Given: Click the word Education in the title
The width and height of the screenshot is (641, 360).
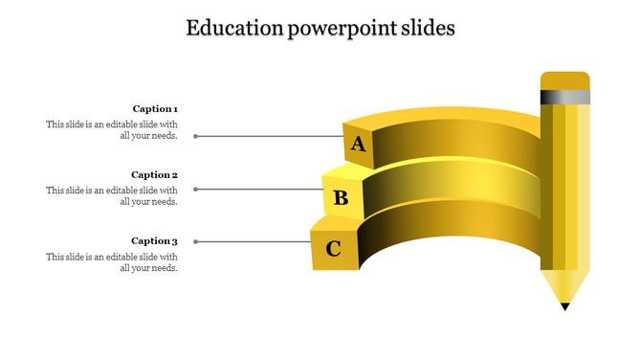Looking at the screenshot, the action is tap(231, 28).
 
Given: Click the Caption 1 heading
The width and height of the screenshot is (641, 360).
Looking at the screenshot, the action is tap(155, 109).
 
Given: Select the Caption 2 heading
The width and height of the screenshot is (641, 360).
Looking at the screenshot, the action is tap(155, 175).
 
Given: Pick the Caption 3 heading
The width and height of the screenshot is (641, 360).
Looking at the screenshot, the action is tap(155, 241).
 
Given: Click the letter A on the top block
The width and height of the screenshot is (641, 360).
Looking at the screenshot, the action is tap(359, 145).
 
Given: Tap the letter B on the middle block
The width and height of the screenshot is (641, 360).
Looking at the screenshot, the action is tap(341, 199).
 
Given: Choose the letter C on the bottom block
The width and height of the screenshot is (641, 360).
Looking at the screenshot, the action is tap(334, 250).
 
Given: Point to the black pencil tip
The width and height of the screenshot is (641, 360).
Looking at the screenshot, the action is tap(564, 306).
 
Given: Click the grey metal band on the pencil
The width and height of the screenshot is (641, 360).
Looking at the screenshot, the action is tap(564, 97).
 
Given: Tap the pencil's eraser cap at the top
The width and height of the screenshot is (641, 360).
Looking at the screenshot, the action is tap(564, 80).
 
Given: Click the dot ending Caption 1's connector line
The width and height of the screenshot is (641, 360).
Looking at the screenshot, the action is tap(196, 136).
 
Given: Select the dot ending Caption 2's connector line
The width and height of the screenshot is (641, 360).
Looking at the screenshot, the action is tap(196, 190).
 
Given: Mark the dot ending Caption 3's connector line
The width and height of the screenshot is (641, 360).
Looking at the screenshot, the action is tap(196, 242).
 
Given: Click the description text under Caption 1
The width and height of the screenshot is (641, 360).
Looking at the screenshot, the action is tap(112, 130).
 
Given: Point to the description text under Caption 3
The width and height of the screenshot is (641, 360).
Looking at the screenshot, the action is tap(112, 262).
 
